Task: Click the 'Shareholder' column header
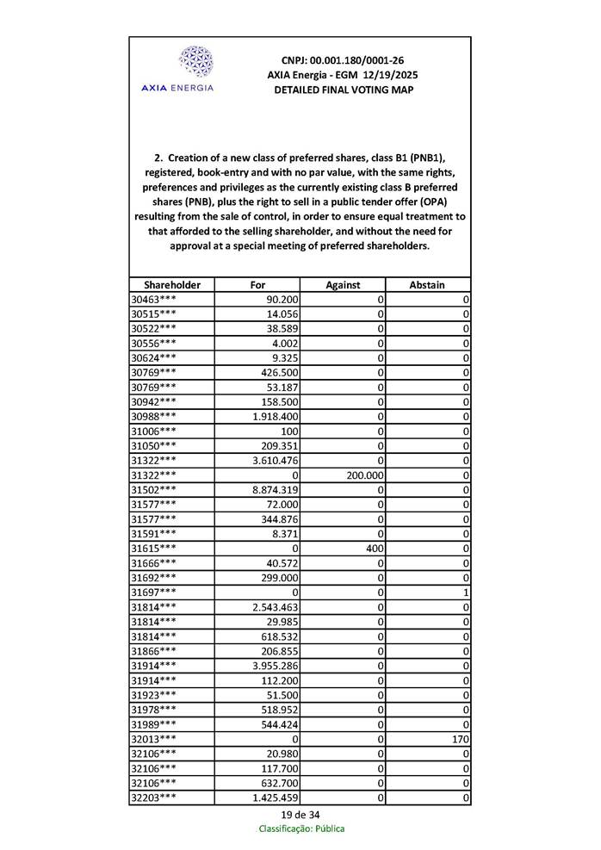click(171, 284)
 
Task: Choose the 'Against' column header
click(343, 284)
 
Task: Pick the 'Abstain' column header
click(428, 284)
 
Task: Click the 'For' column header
click(257, 284)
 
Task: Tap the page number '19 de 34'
click(300, 815)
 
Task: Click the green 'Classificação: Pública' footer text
click(301, 828)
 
